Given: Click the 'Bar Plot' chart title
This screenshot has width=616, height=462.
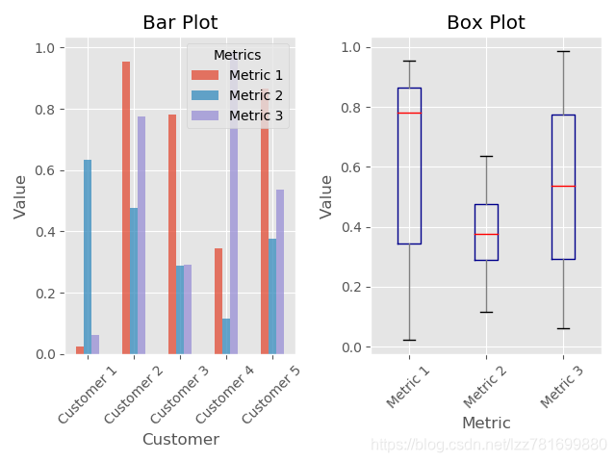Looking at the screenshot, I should point(180,23).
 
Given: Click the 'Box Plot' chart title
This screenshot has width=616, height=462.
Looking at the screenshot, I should point(486,23).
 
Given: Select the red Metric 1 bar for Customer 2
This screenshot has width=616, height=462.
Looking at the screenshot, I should point(126,208).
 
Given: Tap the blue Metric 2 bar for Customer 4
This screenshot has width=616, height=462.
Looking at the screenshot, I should point(226,337).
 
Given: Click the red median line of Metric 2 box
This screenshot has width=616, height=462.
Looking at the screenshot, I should point(486,234).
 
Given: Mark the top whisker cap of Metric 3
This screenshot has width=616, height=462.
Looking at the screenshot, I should point(563,51).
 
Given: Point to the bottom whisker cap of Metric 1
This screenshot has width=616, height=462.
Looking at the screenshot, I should point(409,340).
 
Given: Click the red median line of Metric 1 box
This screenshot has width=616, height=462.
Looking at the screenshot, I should point(409,113).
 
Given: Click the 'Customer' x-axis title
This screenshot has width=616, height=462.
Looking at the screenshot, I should point(180,440).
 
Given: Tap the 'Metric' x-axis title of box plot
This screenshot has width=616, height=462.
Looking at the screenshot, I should point(486,423).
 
